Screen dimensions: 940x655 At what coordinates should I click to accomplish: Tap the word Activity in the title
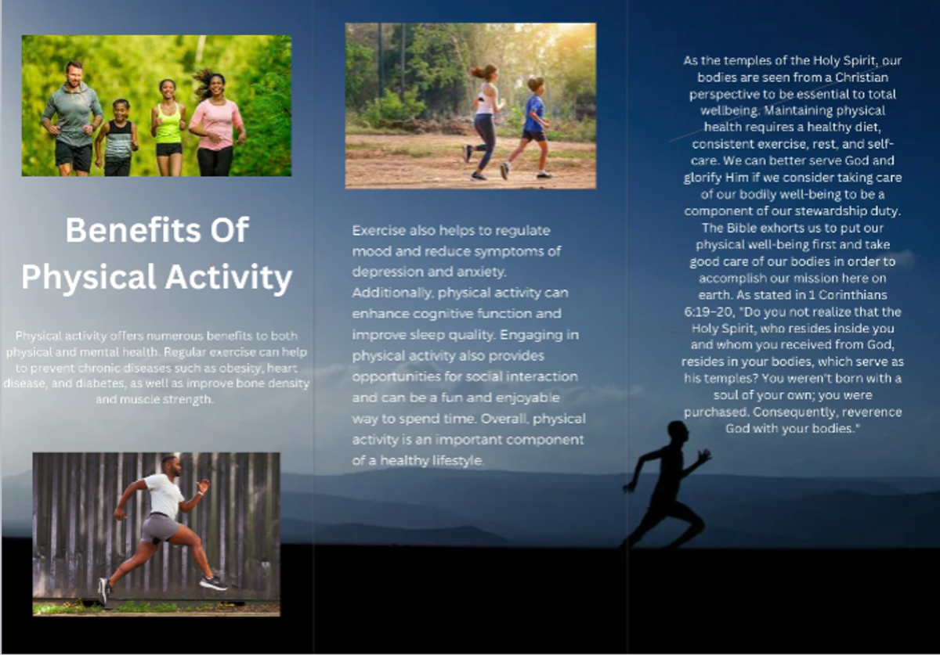click(229, 278)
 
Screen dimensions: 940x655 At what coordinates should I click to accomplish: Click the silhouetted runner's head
click(677, 432)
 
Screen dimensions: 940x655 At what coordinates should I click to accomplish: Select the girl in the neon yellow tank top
click(168, 127)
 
